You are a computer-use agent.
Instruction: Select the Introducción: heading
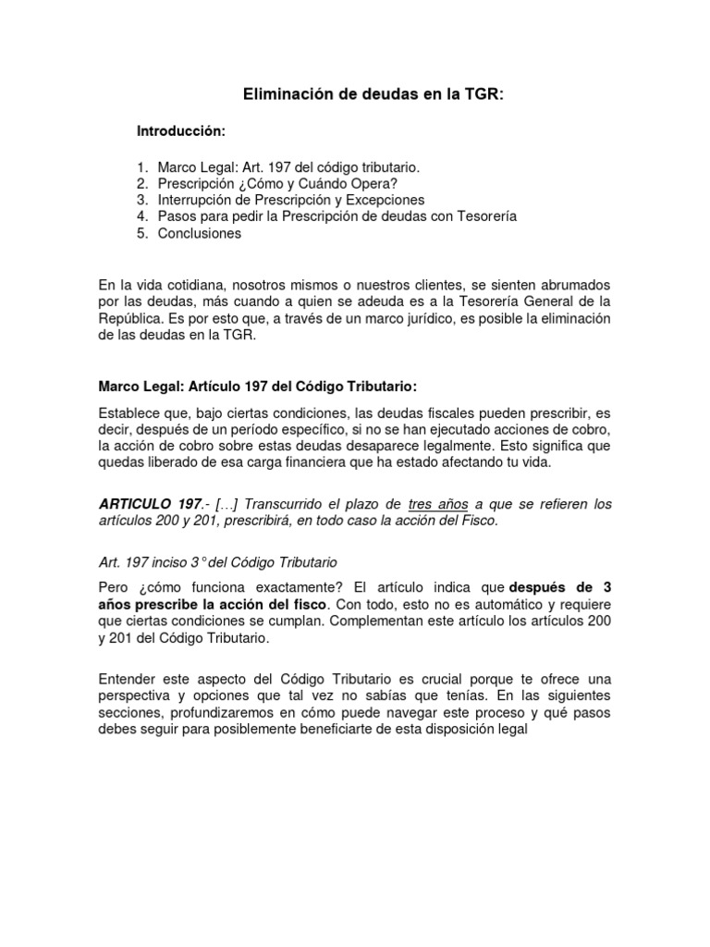click(x=181, y=131)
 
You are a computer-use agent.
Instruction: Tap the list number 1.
click(x=142, y=167)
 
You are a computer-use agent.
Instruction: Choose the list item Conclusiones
click(x=199, y=234)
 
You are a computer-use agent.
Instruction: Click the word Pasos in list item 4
click(x=177, y=217)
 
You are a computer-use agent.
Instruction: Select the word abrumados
click(x=571, y=285)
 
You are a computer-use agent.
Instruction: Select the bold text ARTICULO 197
click(x=150, y=504)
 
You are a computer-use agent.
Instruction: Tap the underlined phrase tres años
click(x=438, y=504)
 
